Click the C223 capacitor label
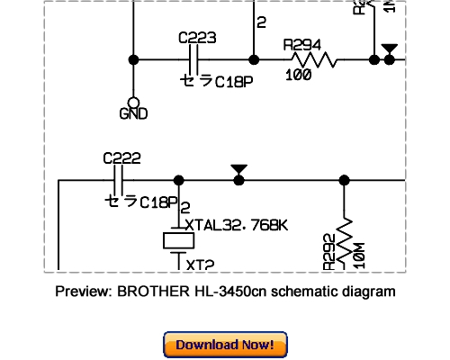pyautogui.click(x=197, y=39)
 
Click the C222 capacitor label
pyautogui.click(x=121, y=158)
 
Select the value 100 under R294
pyautogui.click(x=298, y=75)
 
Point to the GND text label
pyautogui.click(x=133, y=114)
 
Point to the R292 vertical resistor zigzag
pyautogui.click(x=345, y=236)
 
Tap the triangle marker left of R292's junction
pyautogui.click(x=238, y=169)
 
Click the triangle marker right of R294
pyautogui.click(x=389, y=49)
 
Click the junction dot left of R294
pyautogui.click(x=255, y=60)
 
